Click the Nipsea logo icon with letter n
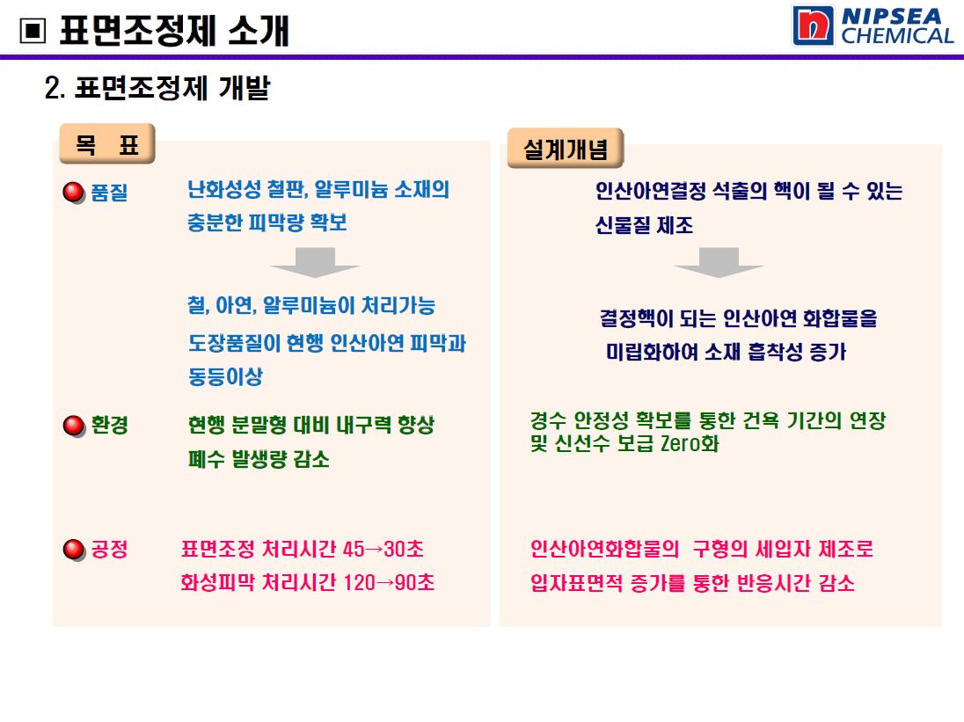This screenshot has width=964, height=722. (813, 26)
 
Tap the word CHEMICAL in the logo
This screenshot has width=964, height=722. (897, 36)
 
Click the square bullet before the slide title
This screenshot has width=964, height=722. (33, 31)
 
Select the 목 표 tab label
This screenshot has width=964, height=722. (107, 144)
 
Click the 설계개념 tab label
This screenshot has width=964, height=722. (565, 148)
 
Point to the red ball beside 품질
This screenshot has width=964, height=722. (74, 193)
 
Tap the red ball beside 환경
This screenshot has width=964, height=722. (74, 426)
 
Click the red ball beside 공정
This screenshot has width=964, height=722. (74, 550)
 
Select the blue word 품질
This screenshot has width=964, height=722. (109, 193)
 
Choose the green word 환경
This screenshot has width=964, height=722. (109, 425)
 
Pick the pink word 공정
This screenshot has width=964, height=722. (109, 549)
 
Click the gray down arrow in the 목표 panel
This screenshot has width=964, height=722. (315, 262)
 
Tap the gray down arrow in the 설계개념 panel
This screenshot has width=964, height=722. (719, 262)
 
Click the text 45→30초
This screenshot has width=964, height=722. (383, 549)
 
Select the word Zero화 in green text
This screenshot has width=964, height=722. (690, 443)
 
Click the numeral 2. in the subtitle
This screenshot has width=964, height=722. (55, 88)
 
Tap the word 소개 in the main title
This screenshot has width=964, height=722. (259, 31)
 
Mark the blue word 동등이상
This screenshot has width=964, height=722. (226, 376)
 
